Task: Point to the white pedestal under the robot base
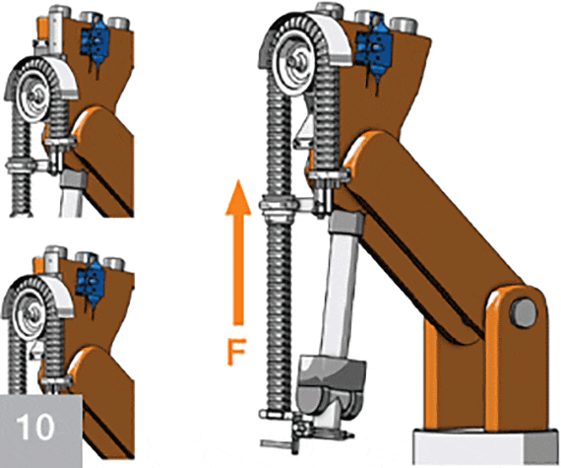pyautogui.click(x=487, y=448)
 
